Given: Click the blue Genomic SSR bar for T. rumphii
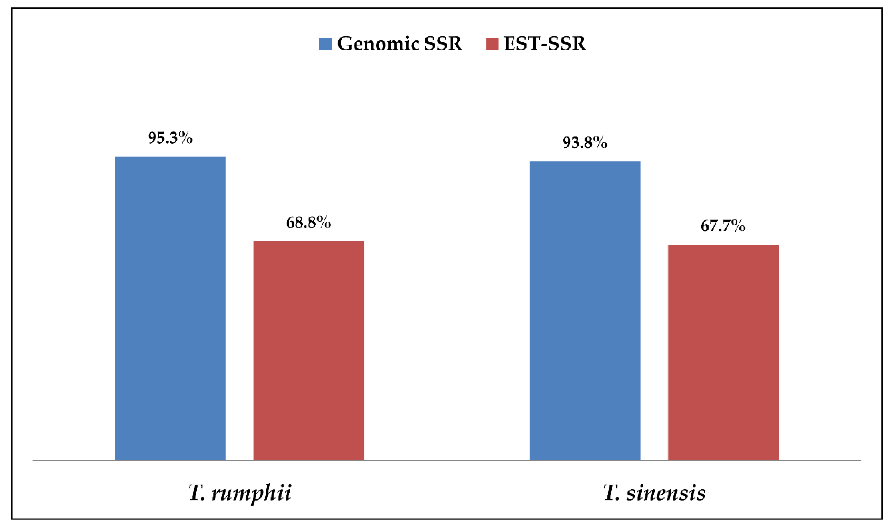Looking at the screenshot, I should click(170, 308).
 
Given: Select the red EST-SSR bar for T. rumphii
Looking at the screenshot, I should click(308, 350).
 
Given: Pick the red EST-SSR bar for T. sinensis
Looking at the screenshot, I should click(723, 352).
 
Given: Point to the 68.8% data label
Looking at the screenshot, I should click(308, 223).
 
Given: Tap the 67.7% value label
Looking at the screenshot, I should click(723, 226).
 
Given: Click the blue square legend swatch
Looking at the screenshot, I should click(325, 44).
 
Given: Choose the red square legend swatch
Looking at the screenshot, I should click(492, 44).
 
